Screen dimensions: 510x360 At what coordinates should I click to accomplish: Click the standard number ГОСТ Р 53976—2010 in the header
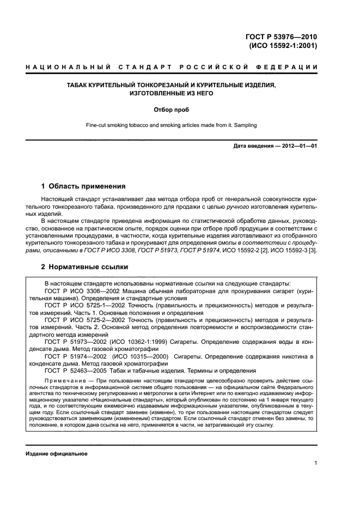tap(282, 37)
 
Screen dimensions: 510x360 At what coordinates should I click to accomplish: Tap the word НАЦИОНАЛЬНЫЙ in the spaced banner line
tap(63, 67)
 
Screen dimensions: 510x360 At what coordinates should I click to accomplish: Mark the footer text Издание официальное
tap(57, 454)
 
